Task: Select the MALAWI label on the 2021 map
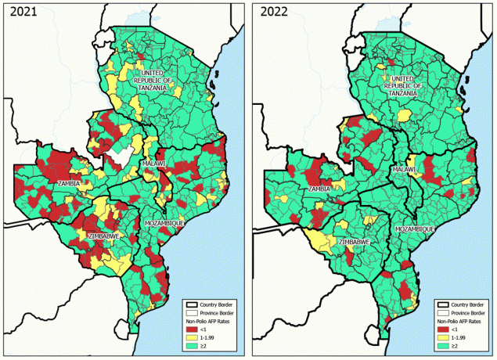(154, 163)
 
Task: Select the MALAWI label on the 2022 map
(404, 170)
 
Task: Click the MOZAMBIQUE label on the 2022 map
(414, 229)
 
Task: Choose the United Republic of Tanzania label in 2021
(151, 80)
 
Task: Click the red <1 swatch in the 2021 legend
(191, 329)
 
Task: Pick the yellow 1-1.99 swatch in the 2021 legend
(191, 337)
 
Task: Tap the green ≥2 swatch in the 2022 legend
(441, 344)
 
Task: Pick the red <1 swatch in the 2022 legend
(441, 329)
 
